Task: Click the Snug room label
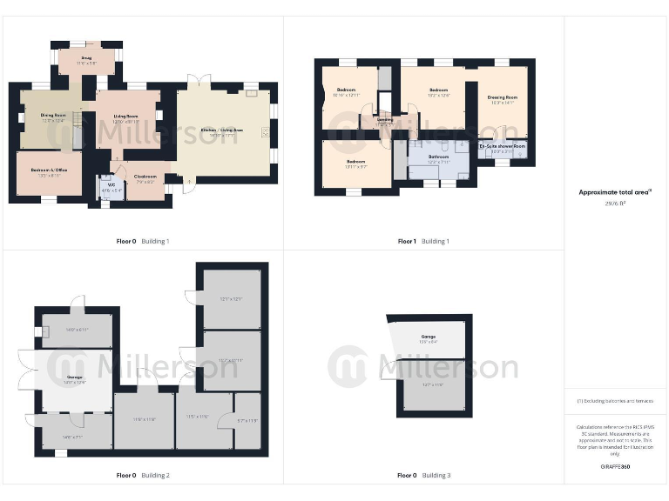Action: (84, 57)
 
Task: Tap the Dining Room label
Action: (53, 115)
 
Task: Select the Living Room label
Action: (126, 116)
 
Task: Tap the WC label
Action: (111, 184)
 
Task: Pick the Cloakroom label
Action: (144, 177)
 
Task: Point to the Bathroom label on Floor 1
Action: (437, 157)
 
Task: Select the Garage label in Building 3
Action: (429, 336)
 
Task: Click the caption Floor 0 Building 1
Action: (143, 241)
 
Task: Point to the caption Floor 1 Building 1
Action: (423, 241)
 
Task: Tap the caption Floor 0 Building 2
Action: (143, 476)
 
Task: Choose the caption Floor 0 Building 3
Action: (423, 476)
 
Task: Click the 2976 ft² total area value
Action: (616, 203)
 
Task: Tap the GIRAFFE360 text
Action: (616, 467)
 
